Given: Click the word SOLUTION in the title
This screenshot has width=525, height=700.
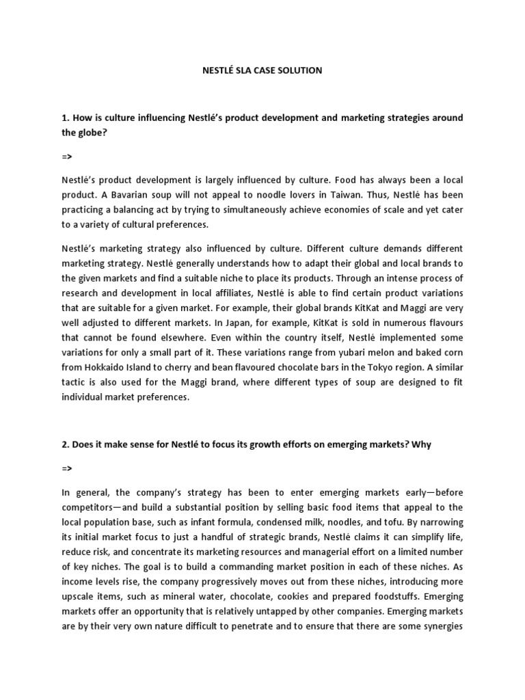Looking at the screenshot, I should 297,70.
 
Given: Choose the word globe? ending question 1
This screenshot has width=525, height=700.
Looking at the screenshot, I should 96,133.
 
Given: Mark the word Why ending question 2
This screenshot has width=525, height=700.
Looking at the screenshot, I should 422,444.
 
